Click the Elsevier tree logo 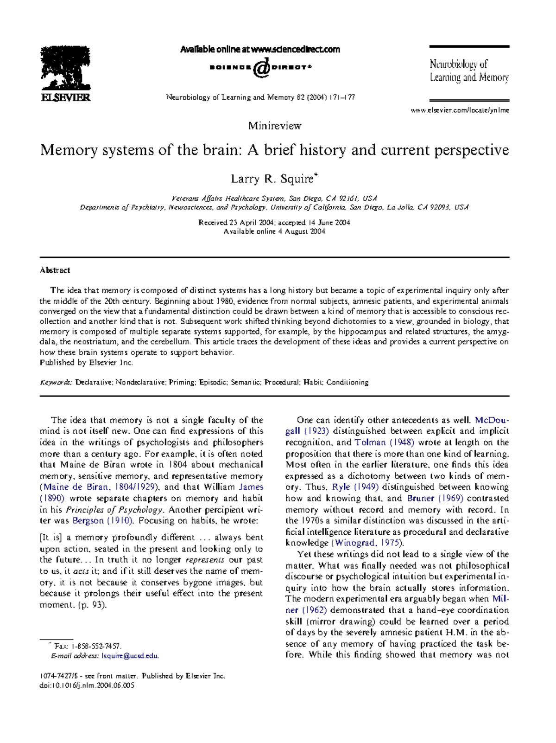click(x=65, y=70)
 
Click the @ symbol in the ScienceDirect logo click(x=262, y=68)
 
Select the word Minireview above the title click(x=275, y=126)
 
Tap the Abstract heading click(x=55, y=270)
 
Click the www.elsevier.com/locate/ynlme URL click(x=460, y=110)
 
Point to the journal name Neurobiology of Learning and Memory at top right click(x=469, y=71)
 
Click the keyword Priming click(x=182, y=383)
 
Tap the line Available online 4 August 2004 click(x=274, y=231)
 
